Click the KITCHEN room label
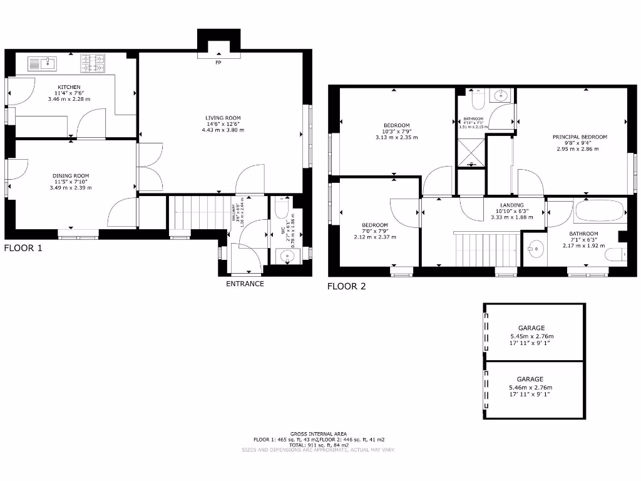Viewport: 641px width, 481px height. click(x=69, y=87)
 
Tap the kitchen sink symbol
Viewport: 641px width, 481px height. click(x=43, y=63)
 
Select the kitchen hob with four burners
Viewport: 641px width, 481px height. click(x=92, y=63)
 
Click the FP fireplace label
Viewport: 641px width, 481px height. click(x=218, y=63)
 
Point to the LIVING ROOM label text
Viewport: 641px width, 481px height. click(x=223, y=118)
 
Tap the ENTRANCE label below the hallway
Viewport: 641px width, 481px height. click(x=245, y=284)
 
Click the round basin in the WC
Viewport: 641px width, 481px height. click(x=287, y=255)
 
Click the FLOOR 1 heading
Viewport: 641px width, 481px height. click(x=23, y=248)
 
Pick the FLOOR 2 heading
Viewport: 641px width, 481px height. click(x=346, y=287)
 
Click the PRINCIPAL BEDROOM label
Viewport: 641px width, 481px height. click(x=580, y=137)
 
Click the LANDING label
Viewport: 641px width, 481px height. click(x=512, y=205)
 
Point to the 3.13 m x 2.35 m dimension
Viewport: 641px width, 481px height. click(x=396, y=137)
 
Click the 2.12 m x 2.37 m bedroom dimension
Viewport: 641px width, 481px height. click(x=375, y=237)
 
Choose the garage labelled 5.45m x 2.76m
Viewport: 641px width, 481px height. click(x=534, y=333)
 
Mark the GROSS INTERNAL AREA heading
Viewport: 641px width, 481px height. click(x=320, y=434)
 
